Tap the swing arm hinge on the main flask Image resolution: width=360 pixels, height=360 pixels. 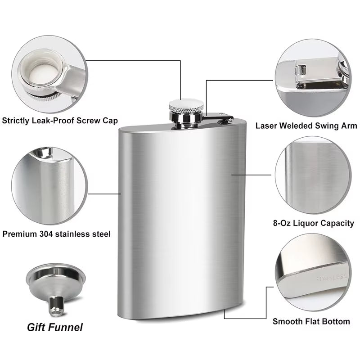click(x=226, y=119)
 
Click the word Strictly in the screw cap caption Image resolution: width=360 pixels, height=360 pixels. click(x=15, y=121)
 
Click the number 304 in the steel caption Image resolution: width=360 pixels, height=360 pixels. click(x=46, y=234)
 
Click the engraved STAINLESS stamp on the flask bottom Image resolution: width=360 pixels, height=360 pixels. click(x=331, y=277)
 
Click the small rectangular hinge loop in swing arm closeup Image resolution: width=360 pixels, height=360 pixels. click(x=301, y=70)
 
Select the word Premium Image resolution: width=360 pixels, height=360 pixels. click(x=20, y=234)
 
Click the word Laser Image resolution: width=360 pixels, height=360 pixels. click(x=266, y=126)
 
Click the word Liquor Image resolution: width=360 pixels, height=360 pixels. click(x=306, y=223)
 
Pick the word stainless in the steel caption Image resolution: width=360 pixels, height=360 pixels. click(x=72, y=234)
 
